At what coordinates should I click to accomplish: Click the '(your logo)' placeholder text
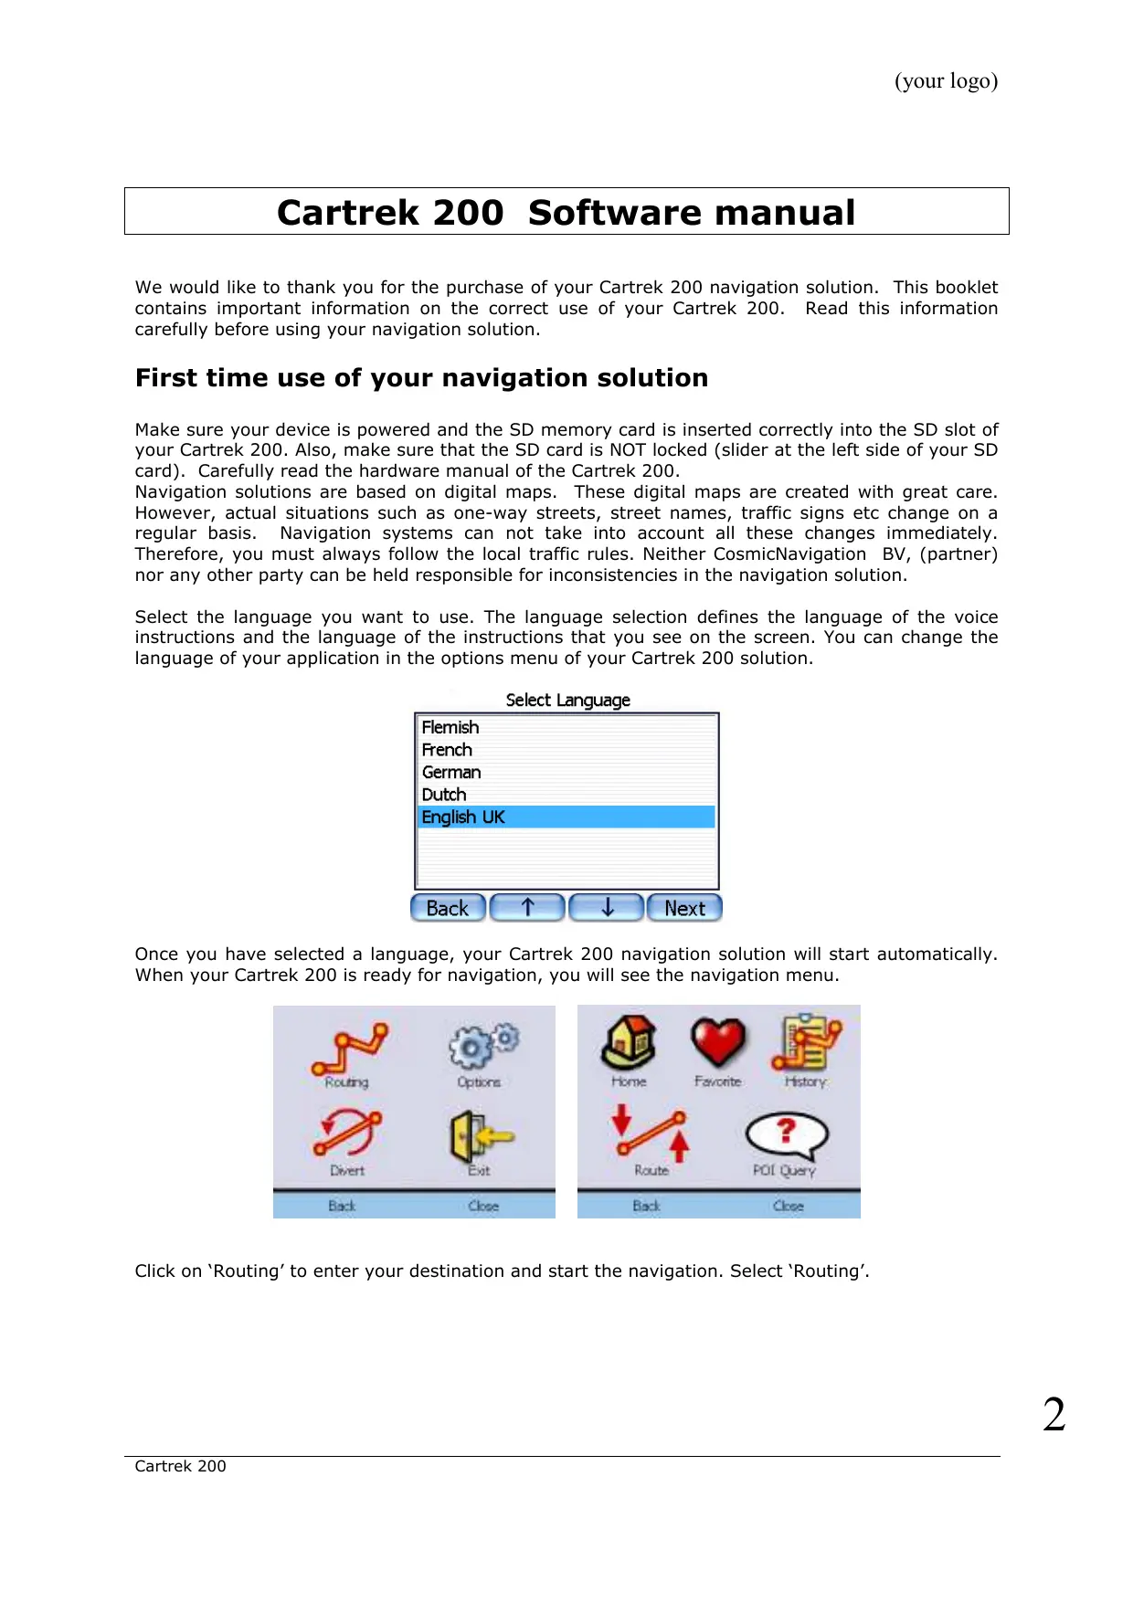pos(946,81)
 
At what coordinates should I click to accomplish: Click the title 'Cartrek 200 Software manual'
pos(566,213)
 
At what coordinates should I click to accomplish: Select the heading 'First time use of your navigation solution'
pos(421,378)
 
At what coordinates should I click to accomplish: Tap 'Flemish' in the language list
pos(450,728)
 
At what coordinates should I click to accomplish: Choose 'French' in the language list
pos(448,750)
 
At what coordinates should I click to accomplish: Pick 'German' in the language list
pos(451,773)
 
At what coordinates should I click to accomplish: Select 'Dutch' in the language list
pos(444,795)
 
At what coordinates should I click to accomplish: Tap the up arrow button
pos(527,908)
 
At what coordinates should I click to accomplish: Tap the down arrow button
pos(607,908)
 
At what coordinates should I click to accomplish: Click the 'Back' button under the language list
pos(448,908)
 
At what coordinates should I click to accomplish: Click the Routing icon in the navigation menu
pos(349,1049)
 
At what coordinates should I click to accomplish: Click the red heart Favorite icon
pos(718,1042)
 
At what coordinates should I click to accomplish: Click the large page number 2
pos(1054,1415)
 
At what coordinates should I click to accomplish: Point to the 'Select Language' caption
pos(567,701)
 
